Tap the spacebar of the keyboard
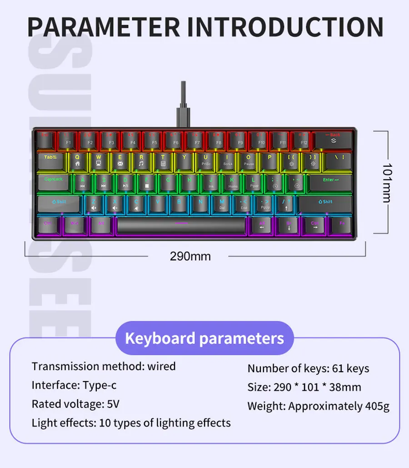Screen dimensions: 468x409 coord(181,225)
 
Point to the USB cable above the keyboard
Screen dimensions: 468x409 coord(183,102)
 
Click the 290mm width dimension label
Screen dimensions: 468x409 coord(190,256)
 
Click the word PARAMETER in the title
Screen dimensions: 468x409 coord(104,27)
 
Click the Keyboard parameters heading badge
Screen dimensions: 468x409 coord(204,339)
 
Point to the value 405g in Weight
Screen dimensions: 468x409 coord(377,406)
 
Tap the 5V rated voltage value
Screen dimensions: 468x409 coord(113,404)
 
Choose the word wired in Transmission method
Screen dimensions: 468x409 coord(161,366)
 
